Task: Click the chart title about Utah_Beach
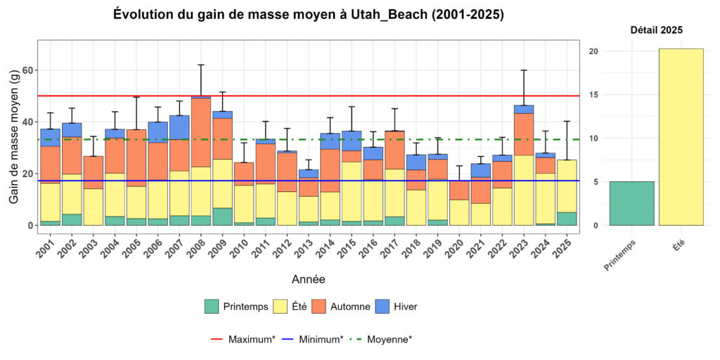tap(309, 15)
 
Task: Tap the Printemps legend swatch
tap(212, 307)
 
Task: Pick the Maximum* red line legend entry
tap(243, 339)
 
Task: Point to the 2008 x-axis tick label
tap(199, 247)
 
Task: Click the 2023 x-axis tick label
tap(522, 247)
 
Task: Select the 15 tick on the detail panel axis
tap(594, 95)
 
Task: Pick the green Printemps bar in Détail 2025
tap(631, 203)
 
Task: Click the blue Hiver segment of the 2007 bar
tap(179, 127)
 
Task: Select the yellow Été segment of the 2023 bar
tap(524, 190)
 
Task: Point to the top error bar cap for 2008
tap(201, 65)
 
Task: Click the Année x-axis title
tap(309, 279)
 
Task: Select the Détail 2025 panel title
tap(656, 30)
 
